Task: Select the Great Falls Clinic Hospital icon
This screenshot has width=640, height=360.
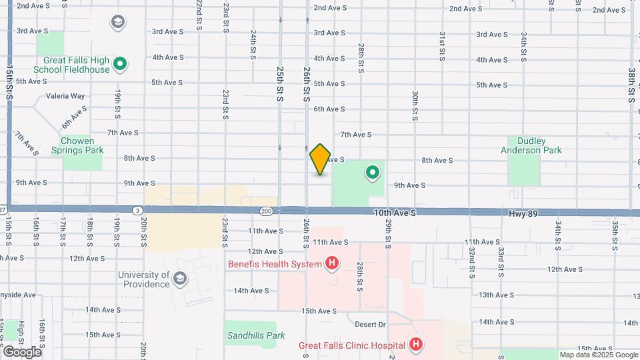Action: [x=416, y=345]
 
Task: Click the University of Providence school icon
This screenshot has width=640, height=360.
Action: [x=179, y=279]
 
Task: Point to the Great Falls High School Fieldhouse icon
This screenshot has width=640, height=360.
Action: [x=120, y=65]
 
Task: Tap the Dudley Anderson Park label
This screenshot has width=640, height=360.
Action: [x=531, y=145]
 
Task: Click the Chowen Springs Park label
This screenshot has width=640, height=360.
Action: [x=77, y=145]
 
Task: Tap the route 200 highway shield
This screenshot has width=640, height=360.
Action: [x=267, y=211]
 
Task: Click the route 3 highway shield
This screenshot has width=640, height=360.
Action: [x=136, y=211]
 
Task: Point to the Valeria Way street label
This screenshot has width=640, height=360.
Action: [x=65, y=96]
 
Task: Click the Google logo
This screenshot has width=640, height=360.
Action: [x=22, y=351]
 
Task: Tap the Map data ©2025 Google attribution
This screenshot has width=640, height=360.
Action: [x=599, y=355]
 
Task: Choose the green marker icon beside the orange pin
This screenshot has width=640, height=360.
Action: [x=372, y=174]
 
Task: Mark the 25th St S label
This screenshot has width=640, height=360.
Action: [x=280, y=83]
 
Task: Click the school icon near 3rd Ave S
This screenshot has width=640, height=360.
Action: [x=118, y=23]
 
